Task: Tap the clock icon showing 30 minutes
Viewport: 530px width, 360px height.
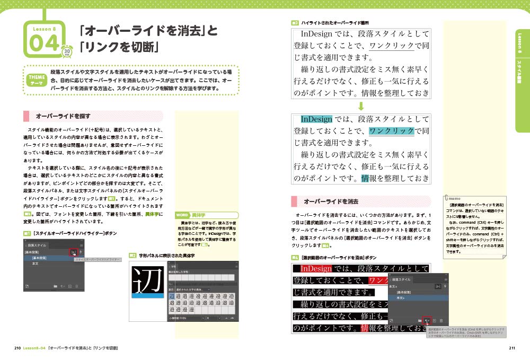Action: coord(67,51)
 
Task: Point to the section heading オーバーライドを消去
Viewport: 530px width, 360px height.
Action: coord(331,201)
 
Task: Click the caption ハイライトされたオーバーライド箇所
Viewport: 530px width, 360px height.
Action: coord(334,23)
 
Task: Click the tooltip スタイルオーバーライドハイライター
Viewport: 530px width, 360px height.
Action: coord(98,260)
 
